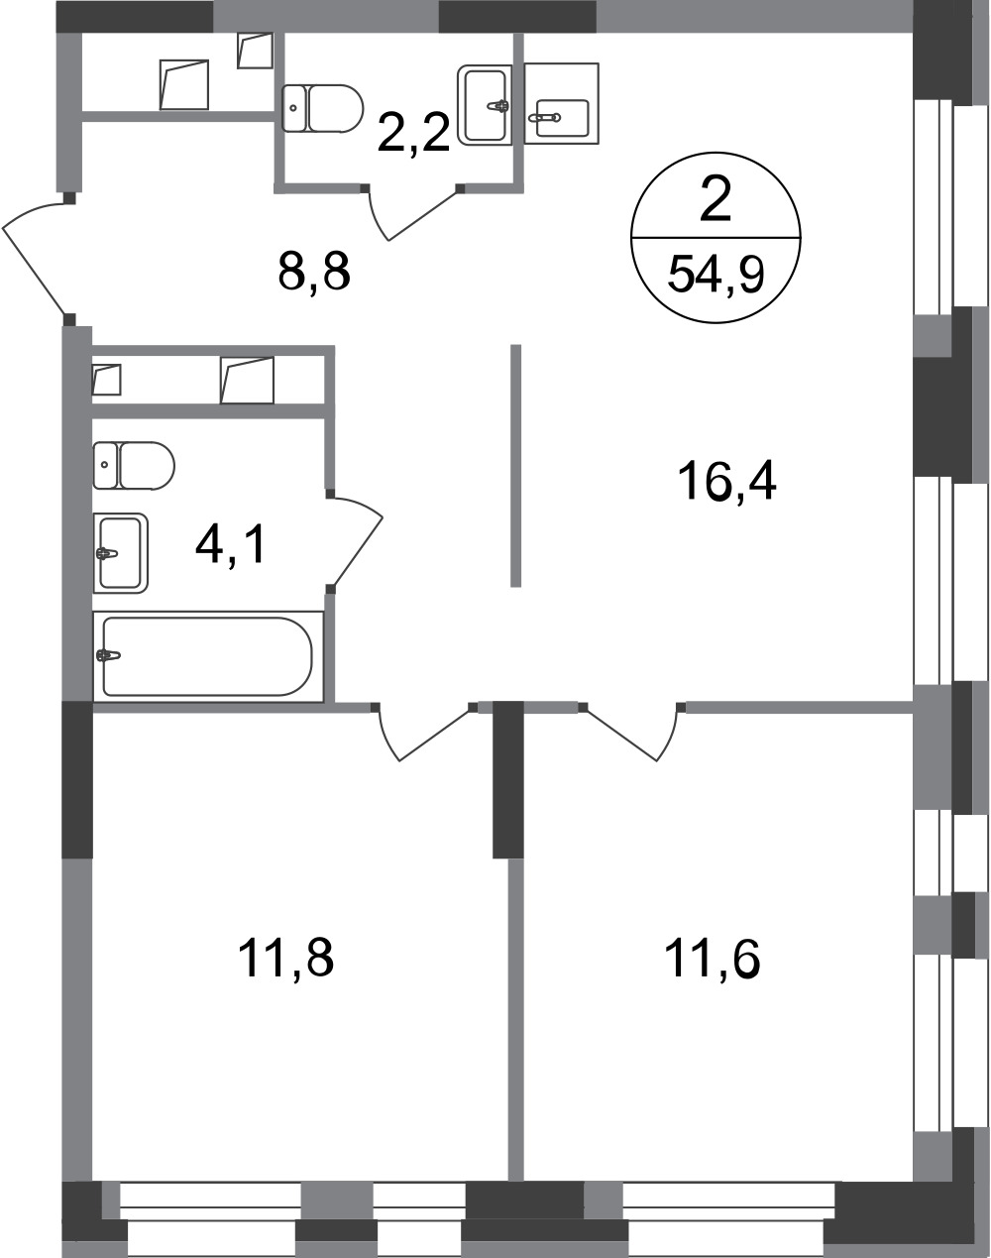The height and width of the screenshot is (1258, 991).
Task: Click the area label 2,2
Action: [x=413, y=133]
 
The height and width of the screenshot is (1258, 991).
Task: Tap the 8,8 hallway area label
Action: [x=314, y=272]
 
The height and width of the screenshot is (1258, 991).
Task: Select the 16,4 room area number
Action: [x=726, y=481]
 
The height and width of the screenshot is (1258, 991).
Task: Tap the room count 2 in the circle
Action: [x=716, y=201]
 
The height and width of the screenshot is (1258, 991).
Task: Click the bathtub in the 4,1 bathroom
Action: [x=208, y=656]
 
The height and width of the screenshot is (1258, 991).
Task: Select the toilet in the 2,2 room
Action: [x=322, y=108]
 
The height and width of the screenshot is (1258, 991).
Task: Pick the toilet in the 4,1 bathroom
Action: [x=134, y=465]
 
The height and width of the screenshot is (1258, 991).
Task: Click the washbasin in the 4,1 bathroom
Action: [x=120, y=553]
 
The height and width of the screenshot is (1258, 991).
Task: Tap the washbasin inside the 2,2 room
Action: [x=485, y=105]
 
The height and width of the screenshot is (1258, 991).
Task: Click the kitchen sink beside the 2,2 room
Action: [x=562, y=103]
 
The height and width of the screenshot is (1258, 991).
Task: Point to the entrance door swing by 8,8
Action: [x=35, y=257]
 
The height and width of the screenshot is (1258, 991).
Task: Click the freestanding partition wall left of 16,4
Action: [x=515, y=465]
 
